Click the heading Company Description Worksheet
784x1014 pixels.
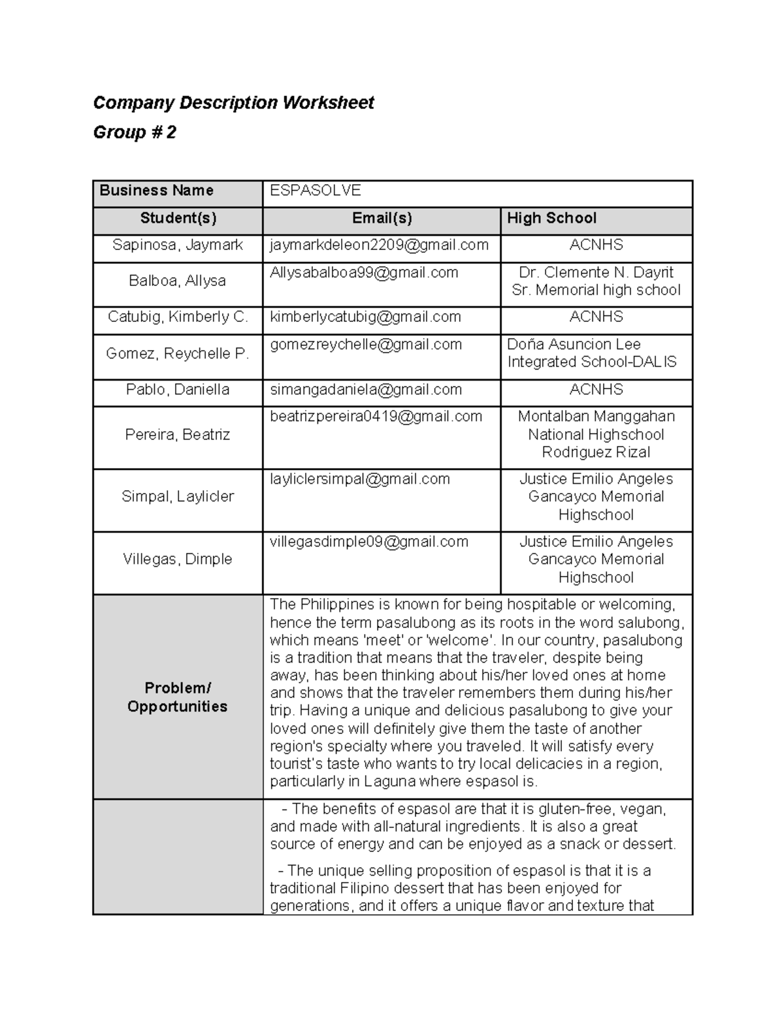(x=233, y=103)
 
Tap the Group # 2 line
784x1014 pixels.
(x=135, y=133)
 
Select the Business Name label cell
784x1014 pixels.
(x=157, y=191)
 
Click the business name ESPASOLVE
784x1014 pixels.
(x=316, y=191)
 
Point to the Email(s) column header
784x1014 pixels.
(x=382, y=218)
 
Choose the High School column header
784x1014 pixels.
(x=551, y=218)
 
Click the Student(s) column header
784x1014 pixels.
(x=178, y=218)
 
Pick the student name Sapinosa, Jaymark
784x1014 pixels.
(x=178, y=245)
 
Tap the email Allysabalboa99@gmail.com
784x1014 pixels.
(x=364, y=273)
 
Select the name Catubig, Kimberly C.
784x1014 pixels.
(x=178, y=317)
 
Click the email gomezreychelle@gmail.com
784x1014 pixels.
(x=366, y=345)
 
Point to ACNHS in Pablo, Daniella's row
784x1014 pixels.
(x=596, y=390)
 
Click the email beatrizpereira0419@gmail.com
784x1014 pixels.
(x=376, y=417)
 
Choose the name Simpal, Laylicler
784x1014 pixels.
(x=178, y=497)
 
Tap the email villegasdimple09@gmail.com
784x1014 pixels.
(x=369, y=542)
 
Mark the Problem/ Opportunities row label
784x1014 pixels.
(x=178, y=697)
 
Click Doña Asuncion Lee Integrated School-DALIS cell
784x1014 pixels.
(x=591, y=353)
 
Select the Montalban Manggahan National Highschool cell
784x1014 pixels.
(x=596, y=434)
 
